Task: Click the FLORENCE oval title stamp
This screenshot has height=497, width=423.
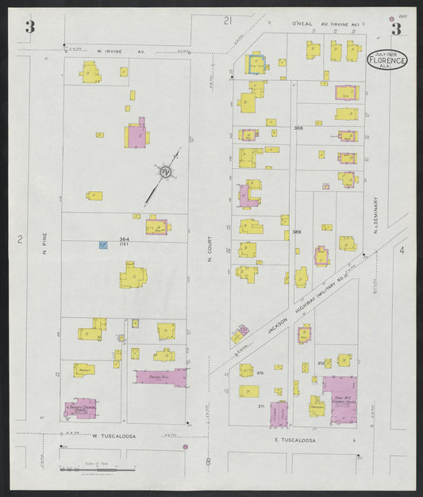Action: click(x=386, y=60)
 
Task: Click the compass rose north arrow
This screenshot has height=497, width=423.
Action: click(x=165, y=172)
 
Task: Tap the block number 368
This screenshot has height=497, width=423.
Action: click(x=298, y=128)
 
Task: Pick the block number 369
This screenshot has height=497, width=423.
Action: click(x=296, y=231)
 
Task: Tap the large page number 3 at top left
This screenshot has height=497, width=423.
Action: click(x=29, y=28)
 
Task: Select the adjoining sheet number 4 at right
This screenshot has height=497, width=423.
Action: click(x=402, y=250)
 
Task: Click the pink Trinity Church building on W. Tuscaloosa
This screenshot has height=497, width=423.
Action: click(x=81, y=407)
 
